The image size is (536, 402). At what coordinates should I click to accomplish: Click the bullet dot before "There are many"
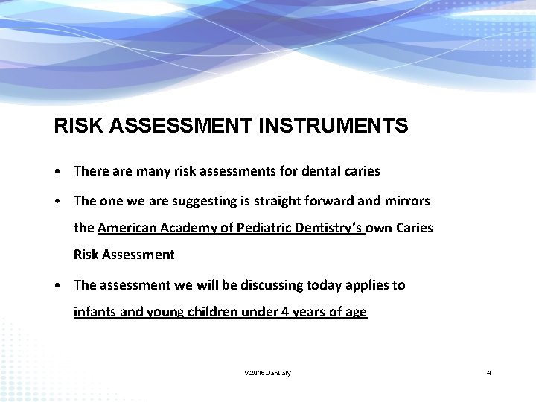point(57,171)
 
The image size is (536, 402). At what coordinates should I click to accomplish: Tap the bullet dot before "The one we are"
point(57,202)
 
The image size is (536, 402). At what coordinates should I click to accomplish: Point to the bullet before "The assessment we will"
point(57,285)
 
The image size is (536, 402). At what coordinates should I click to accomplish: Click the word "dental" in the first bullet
point(320,171)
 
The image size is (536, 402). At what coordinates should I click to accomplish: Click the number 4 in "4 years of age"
point(285,312)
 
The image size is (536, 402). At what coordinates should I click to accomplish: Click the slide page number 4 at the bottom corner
point(488,372)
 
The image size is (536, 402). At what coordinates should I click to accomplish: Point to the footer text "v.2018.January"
point(267,372)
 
